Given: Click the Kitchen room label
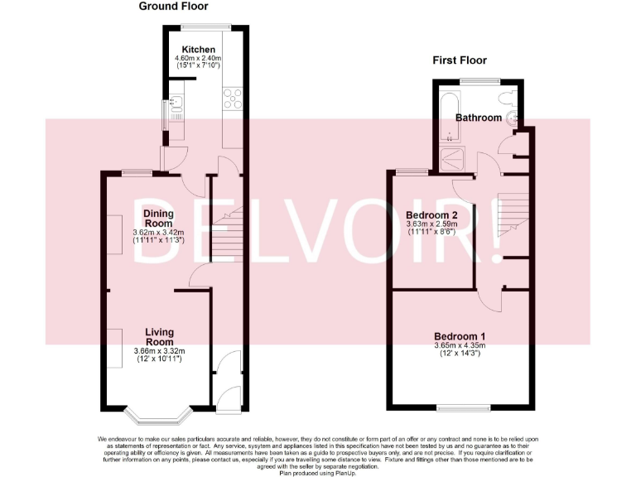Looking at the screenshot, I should tap(199, 50).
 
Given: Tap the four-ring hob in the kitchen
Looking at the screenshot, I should tap(232, 98).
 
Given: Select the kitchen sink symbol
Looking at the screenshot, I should tap(176, 106).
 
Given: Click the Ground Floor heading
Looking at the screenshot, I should tap(172, 7).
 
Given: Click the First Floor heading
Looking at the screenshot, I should tap(460, 60).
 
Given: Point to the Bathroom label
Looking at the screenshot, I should tap(479, 118).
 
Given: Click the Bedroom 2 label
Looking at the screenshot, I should tap(438, 214).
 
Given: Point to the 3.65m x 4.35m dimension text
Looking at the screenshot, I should tap(460, 345).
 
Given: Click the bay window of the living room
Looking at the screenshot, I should tap(158, 412).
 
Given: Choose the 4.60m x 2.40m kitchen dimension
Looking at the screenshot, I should tap(199, 59).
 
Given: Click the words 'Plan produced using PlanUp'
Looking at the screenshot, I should tap(317, 472).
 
